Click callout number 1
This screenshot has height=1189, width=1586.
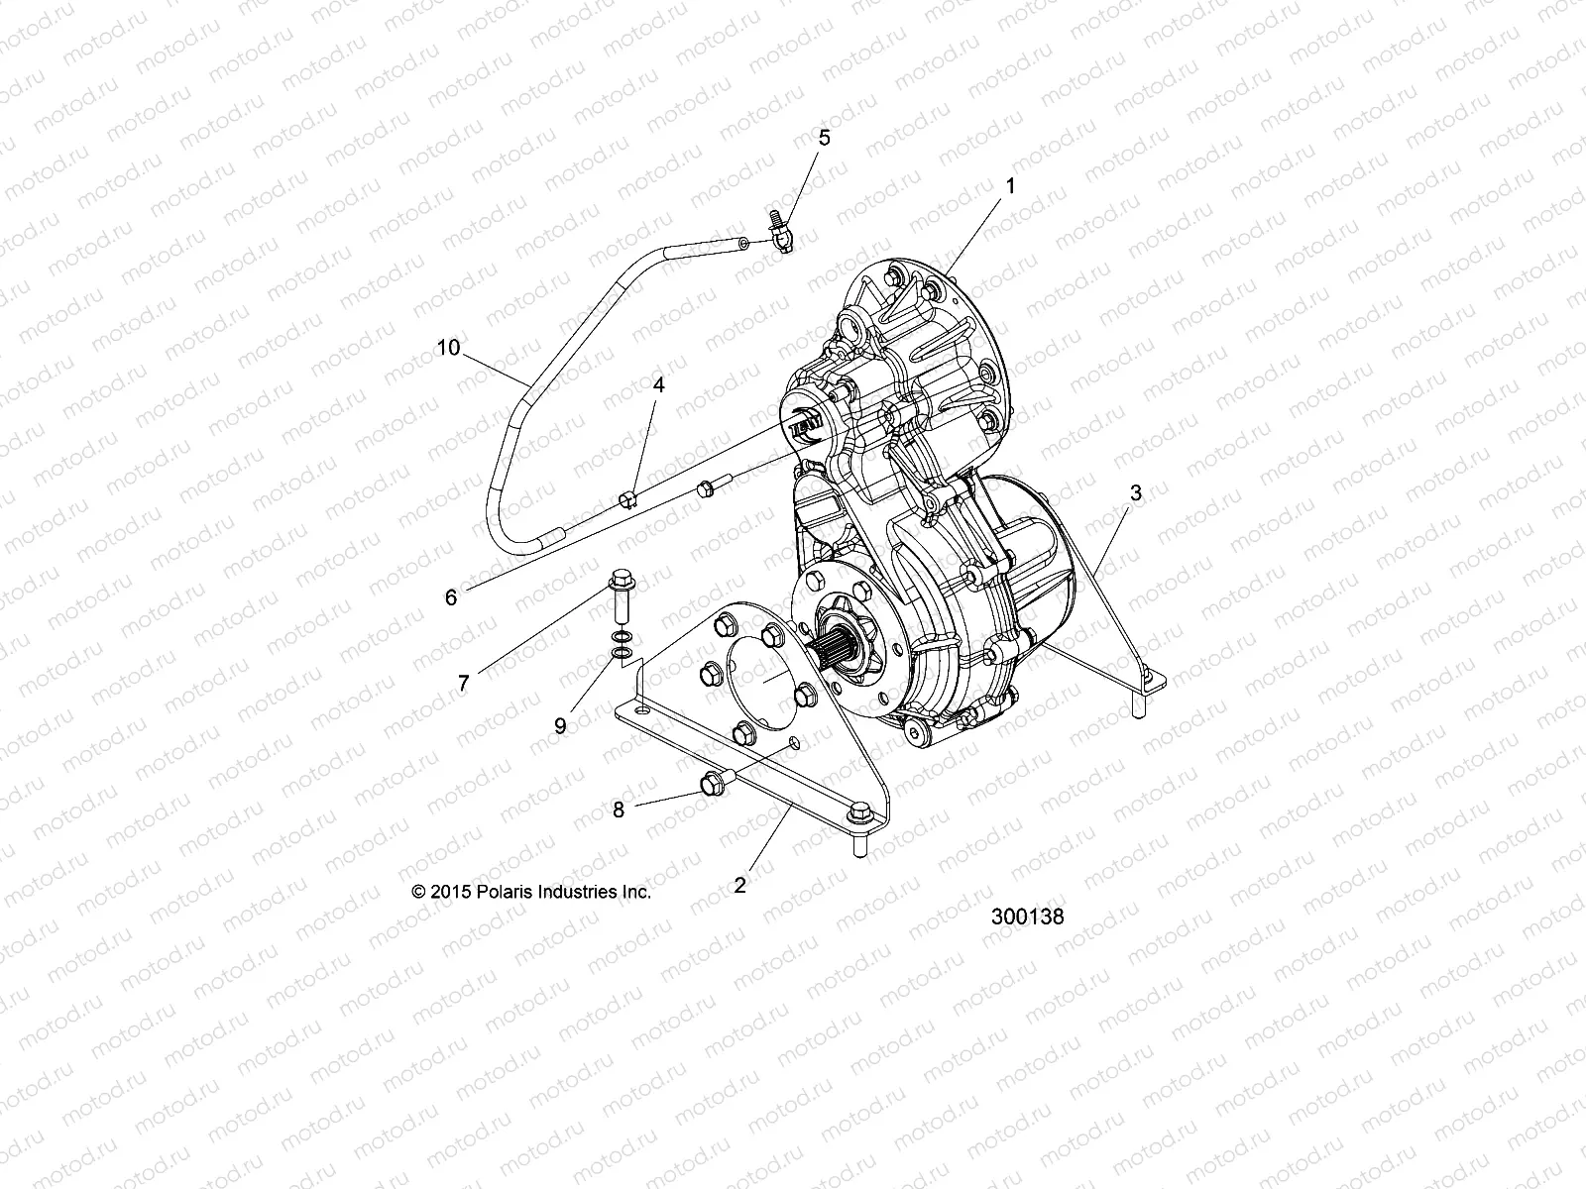1010,185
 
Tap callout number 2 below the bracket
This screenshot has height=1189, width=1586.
739,885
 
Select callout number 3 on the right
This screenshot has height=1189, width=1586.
1136,492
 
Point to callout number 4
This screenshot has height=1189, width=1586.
658,383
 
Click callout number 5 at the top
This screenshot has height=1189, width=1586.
824,138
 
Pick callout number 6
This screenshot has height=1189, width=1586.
451,597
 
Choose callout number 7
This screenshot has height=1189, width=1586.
463,682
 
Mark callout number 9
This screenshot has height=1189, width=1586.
560,725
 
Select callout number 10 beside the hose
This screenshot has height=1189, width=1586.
448,347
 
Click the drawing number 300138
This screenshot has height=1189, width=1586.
1027,917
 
